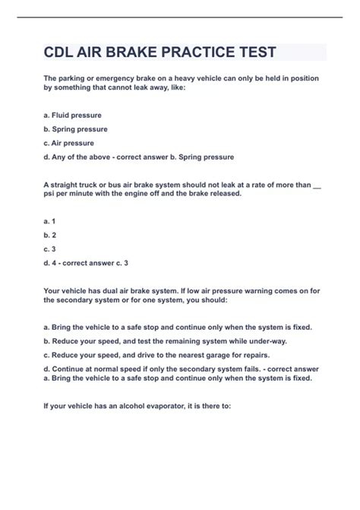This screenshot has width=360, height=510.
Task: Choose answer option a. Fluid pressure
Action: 73,116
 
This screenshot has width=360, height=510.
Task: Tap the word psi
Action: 50,193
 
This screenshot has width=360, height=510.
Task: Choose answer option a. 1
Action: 50,220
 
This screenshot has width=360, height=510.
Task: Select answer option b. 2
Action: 50,234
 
